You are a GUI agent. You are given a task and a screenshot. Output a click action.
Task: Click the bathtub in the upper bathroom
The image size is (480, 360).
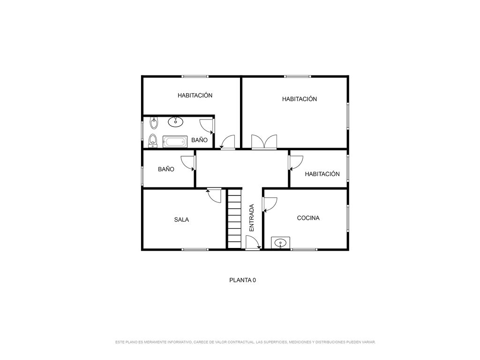click(x=175, y=142)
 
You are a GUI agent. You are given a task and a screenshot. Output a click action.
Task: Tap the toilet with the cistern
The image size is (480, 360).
click(x=152, y=141)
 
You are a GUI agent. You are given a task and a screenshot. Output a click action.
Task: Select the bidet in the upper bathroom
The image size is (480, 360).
click(x=154, y=123)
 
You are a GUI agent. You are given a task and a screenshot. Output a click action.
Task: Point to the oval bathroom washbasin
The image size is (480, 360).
click(x=175, y=121)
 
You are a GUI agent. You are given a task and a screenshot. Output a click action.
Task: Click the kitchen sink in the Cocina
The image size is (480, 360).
click(x=280, y=243)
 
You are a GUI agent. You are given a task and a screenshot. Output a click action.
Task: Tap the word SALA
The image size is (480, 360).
click(x=181, y=219)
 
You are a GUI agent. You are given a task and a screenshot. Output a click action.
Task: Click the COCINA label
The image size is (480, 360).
click(x=308, y=218)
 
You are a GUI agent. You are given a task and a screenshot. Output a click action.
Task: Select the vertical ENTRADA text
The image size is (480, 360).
click(x=252, y=217)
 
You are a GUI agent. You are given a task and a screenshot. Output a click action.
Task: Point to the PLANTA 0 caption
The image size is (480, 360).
click(x=242, y=280)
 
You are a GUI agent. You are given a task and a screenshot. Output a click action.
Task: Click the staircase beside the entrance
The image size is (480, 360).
click(x=234, y=219)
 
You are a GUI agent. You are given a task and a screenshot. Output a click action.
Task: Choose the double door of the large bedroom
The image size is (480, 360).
click(x=264, y=142)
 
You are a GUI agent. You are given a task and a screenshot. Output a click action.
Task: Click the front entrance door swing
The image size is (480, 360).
click(x=253, y=242)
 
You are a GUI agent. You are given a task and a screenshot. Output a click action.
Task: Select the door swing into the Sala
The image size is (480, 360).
click(x=214, y=195)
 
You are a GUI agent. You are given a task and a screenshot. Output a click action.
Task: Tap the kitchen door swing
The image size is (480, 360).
click(x=270, y=204)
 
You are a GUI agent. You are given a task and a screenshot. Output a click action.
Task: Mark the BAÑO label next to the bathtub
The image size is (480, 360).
click(x=199, y=140)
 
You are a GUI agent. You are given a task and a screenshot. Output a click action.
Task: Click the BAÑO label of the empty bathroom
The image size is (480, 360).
click(x=166, y=169)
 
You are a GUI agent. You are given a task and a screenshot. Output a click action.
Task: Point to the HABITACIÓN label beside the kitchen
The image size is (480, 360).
click(x=322, y=174)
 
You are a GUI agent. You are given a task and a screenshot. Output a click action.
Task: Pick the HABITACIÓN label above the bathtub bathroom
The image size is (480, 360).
click(x=195, y=95)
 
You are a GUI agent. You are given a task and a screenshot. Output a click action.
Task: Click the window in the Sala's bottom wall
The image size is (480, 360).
click(x=195, y=249)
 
